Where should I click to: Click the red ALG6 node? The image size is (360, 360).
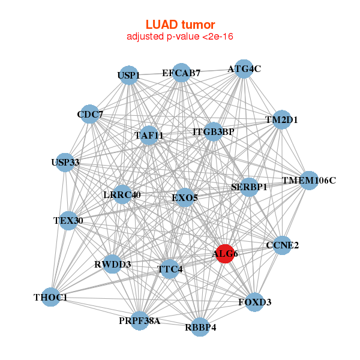click(x=225, y=254)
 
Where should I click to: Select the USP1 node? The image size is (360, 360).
click(x=128, y=76)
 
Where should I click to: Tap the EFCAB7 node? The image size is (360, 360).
click(x=181, y=73)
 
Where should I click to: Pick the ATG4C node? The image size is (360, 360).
click(x=243, y=69)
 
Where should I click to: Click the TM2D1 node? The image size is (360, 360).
click(x=281, y=119)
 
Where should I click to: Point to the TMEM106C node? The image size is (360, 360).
click(x=308, y=180)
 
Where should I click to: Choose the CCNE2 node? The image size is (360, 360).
click(x=283, y=245)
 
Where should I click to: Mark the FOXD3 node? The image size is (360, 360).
click(x=255, y=302)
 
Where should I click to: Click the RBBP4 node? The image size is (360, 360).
click(x=200, y=327)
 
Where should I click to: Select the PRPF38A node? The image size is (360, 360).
click(x=139, y=321)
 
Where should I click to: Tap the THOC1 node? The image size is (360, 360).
click(x=50, y=297)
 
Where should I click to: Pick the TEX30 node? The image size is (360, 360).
click(x=68, y=221)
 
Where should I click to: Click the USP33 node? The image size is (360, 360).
click(x=65, y=163)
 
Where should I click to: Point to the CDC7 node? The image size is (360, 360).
click(x=90, y=115)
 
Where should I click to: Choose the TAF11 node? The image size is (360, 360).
click(x=149, y=136)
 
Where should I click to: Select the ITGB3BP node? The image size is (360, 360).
click(x=214, y=131)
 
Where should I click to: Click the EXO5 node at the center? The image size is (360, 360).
click(x=185, y=197)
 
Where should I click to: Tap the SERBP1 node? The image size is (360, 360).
click(x=249, y=187)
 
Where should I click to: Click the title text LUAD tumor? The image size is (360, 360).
click(x=180, y=25)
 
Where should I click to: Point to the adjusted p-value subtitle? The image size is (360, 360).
click(x=180, y=37)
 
